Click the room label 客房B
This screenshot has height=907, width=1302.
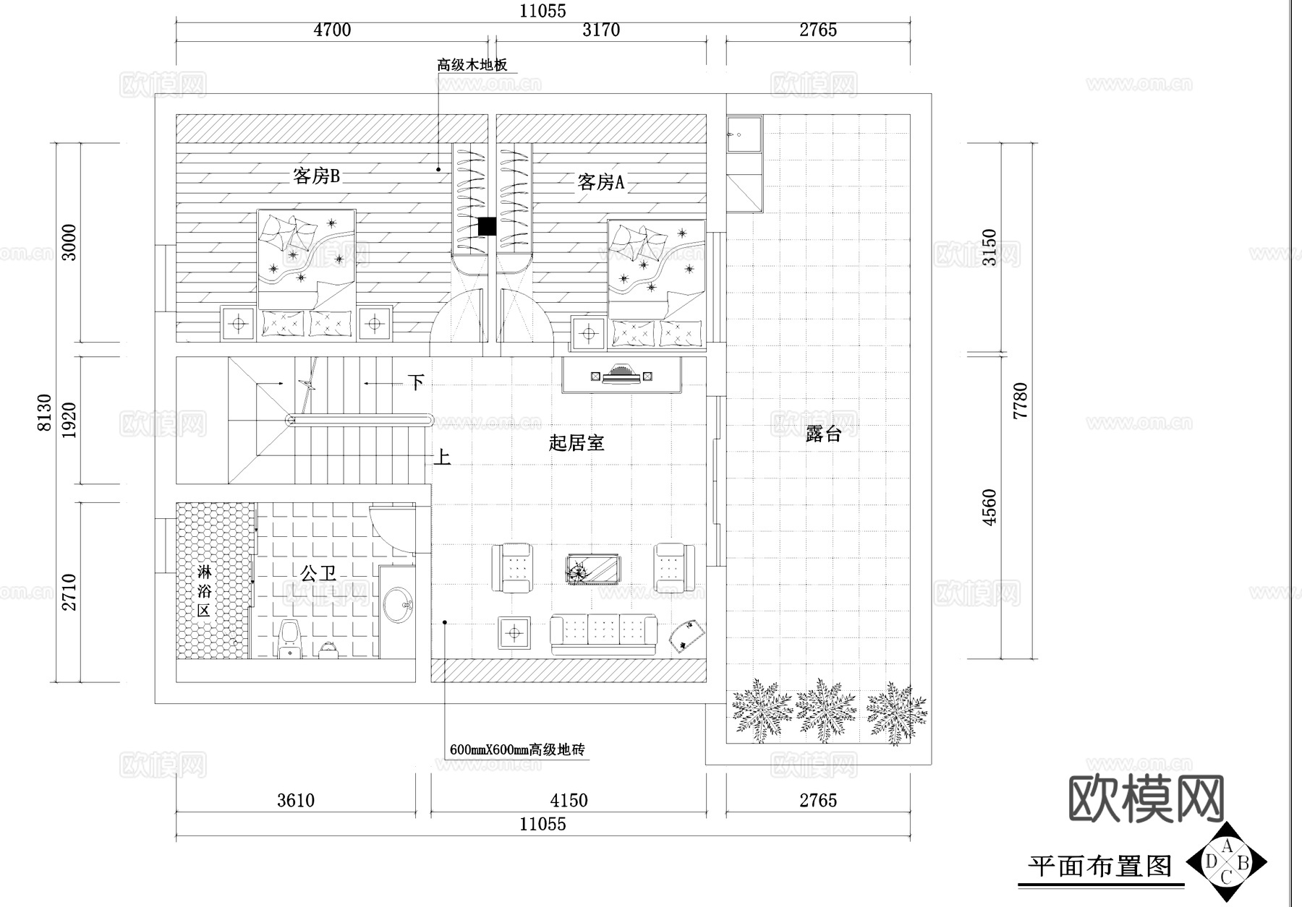[316, 176]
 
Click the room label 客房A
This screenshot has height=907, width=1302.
[600, 182]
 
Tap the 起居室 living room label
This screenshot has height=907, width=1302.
[576, 443]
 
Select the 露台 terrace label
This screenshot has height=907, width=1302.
[823, 434]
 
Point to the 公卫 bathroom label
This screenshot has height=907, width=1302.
[318, 574]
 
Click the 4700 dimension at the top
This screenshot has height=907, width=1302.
[332, 30]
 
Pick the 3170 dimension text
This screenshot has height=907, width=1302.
[601, 30]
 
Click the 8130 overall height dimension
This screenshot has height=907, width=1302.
[45, 413]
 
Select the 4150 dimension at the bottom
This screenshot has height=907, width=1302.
[569, 801]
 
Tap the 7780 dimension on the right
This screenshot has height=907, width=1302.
[1020, 401]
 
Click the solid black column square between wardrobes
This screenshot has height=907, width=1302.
[487, 226]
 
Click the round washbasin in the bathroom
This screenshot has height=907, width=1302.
[398, 605]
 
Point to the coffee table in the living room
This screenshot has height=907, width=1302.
[593, 569]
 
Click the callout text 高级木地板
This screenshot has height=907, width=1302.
[472, 65]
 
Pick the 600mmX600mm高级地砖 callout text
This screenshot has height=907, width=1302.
[516, 750]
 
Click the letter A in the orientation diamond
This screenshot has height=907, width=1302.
[1227, 846]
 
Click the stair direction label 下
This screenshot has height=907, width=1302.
[415, 382]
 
